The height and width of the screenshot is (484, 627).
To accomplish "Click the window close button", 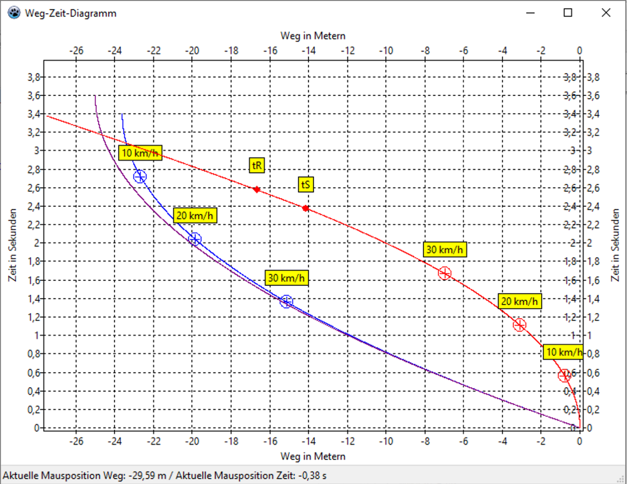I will coord(606,13).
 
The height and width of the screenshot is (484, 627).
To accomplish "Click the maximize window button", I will coord(568,13).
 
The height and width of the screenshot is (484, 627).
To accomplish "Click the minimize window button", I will coord(530,13).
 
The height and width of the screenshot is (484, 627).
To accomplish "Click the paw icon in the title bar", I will coord(14,13).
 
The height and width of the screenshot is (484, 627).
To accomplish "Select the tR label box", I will coord(257,166).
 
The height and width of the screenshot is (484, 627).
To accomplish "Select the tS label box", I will coord(306,184).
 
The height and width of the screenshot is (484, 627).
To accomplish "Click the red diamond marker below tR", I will coord(257,190).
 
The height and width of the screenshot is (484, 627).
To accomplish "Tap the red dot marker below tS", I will coord(306,208).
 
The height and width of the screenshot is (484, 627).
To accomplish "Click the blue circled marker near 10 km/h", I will coord(140,177).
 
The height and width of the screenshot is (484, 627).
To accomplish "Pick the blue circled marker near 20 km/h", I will coord(194,239).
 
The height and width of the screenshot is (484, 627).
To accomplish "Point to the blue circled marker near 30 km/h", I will coord(286,301).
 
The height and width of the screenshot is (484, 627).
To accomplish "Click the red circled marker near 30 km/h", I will coord(444,273).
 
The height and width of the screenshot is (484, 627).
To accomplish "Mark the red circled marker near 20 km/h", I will coord(519,325).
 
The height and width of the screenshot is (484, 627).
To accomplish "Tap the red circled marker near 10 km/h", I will coord(565,375).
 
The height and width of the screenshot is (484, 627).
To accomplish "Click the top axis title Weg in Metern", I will coord(313,36).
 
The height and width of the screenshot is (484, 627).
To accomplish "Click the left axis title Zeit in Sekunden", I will coord(13,245).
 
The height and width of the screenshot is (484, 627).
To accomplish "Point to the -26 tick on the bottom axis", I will coord(76,441).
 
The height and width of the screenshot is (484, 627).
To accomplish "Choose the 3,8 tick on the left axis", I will coord(34,77).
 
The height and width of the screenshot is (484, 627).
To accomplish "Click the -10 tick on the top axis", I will coord(386,51).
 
